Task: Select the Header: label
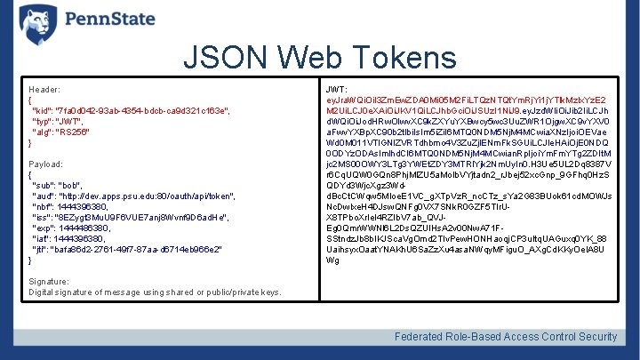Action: (44, 90)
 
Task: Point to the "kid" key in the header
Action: (41, 110)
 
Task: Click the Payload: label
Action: (46, 164)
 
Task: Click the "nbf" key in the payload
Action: (41, 206)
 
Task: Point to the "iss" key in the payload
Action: (40, 217)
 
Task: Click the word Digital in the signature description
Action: (44, 292)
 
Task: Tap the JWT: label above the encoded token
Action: (337, 90)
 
